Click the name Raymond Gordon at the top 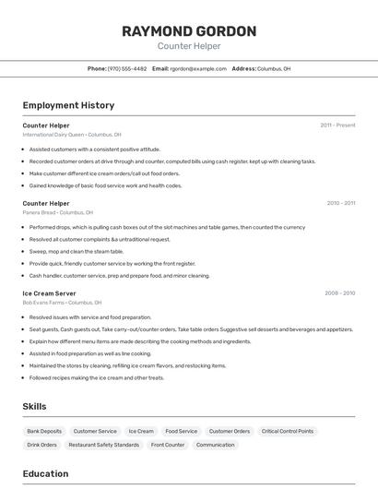[x=188, y=30]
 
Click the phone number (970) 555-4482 [x=127, y=68]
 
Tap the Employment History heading [x=68, y=105]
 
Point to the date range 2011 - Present [x=337, y=125]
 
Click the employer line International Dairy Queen [x=71, y=134]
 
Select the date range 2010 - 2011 [x=340, y=203]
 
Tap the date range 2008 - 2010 [x=339, y=293]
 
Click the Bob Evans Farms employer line [x=62, y=303]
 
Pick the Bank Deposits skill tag [x=44, y=431]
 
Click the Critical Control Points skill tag [x=287, y=431]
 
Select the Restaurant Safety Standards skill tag [x=103, y=445]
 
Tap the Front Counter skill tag [x=168, y=445]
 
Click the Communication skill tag [x=215, y=445]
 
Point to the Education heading [x=45, y=474]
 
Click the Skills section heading [x=34, y=406]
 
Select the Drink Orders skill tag [x=41, y=445]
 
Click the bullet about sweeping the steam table [x=77, y=251]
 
